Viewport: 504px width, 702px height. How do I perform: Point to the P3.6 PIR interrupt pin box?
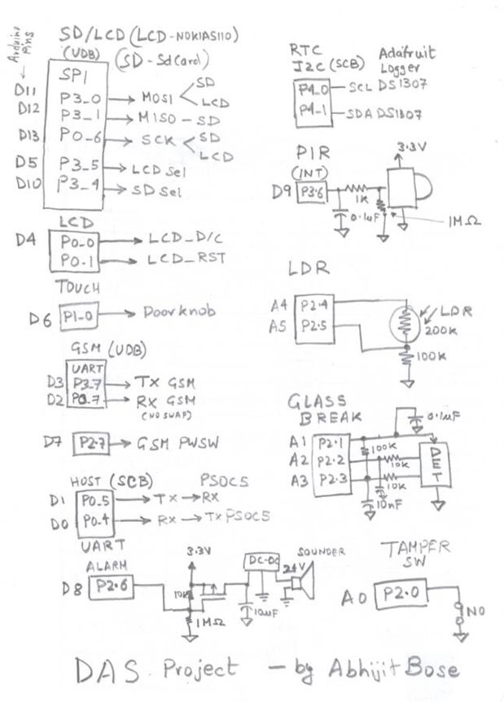point(313,192)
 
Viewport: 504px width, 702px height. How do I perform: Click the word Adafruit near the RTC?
point(407,54)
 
